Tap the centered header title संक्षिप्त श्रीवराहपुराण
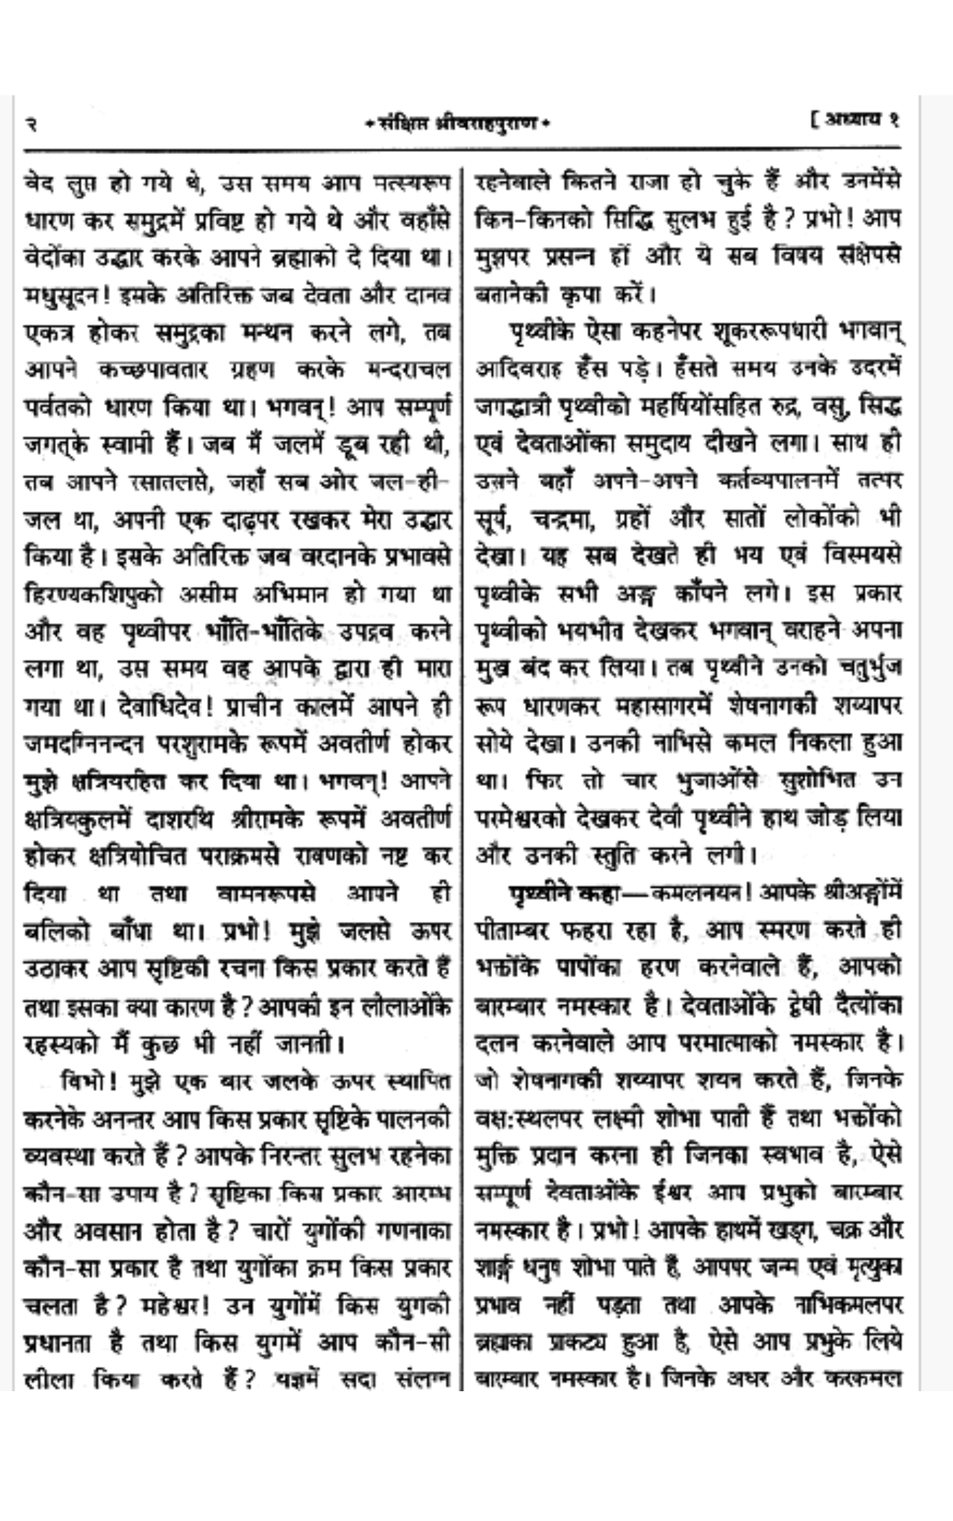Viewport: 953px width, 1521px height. pos(456,124)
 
